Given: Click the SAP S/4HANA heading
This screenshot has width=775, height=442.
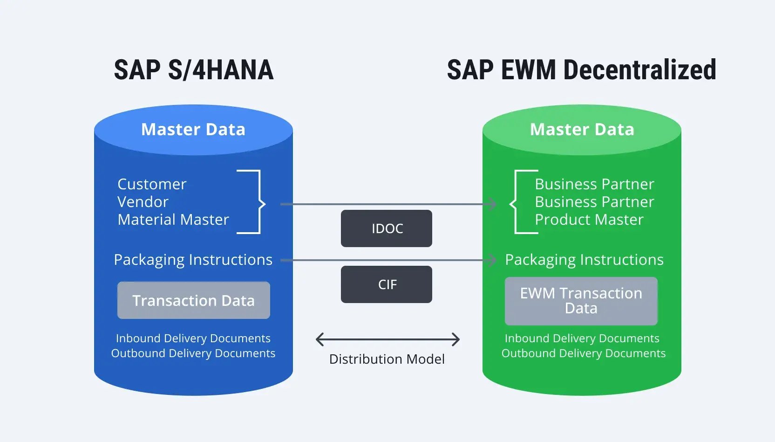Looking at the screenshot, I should coord(194,70).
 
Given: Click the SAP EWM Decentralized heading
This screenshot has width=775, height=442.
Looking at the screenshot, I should coord(581,70).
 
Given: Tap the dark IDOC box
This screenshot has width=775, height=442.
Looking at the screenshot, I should coord(387,228).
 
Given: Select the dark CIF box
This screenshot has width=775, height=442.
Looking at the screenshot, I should coord(387,284).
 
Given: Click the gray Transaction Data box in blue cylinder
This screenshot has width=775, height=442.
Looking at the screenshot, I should coord(194,300).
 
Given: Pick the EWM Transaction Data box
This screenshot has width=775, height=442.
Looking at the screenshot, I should coord(581,301).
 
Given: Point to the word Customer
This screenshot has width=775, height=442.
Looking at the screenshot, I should coord(152,184).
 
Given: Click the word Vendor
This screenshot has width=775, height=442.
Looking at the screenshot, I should coord(143,202).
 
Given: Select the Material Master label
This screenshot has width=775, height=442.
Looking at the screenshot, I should coord(173,220).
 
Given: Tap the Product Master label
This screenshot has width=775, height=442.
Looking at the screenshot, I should coord(589,220).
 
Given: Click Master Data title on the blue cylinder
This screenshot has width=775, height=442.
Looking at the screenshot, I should coord(193,129).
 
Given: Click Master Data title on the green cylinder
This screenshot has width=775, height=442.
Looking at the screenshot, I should coord(582,129).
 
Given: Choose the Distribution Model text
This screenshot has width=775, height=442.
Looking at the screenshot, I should coord(387,359).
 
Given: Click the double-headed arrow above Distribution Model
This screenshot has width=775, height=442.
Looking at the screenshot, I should coord(387,339).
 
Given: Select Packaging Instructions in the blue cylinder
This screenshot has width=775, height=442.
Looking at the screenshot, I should coord(193,260).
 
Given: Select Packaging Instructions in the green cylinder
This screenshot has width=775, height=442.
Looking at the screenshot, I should coord(584,260).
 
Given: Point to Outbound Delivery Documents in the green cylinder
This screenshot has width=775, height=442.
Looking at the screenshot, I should coord(583,353).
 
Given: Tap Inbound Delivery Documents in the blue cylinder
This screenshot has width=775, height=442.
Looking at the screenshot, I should coord(193,338).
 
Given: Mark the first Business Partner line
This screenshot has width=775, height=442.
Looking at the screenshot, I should coord(594,184).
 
